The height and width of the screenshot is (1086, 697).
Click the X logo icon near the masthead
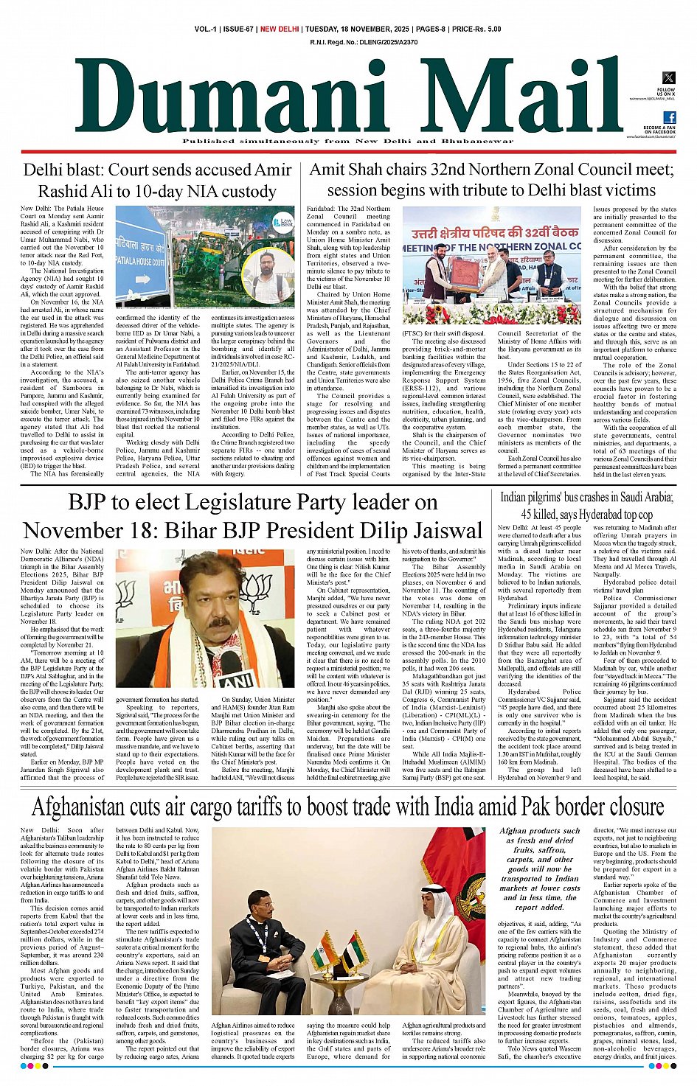coord(668,77)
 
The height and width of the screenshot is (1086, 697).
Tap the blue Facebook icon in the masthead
coord(669,117)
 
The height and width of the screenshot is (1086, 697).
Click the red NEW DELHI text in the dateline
coord(280,29)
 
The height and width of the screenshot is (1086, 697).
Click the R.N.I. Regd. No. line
coord(364,43)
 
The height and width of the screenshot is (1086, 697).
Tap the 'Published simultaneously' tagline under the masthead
coord(337,141)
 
